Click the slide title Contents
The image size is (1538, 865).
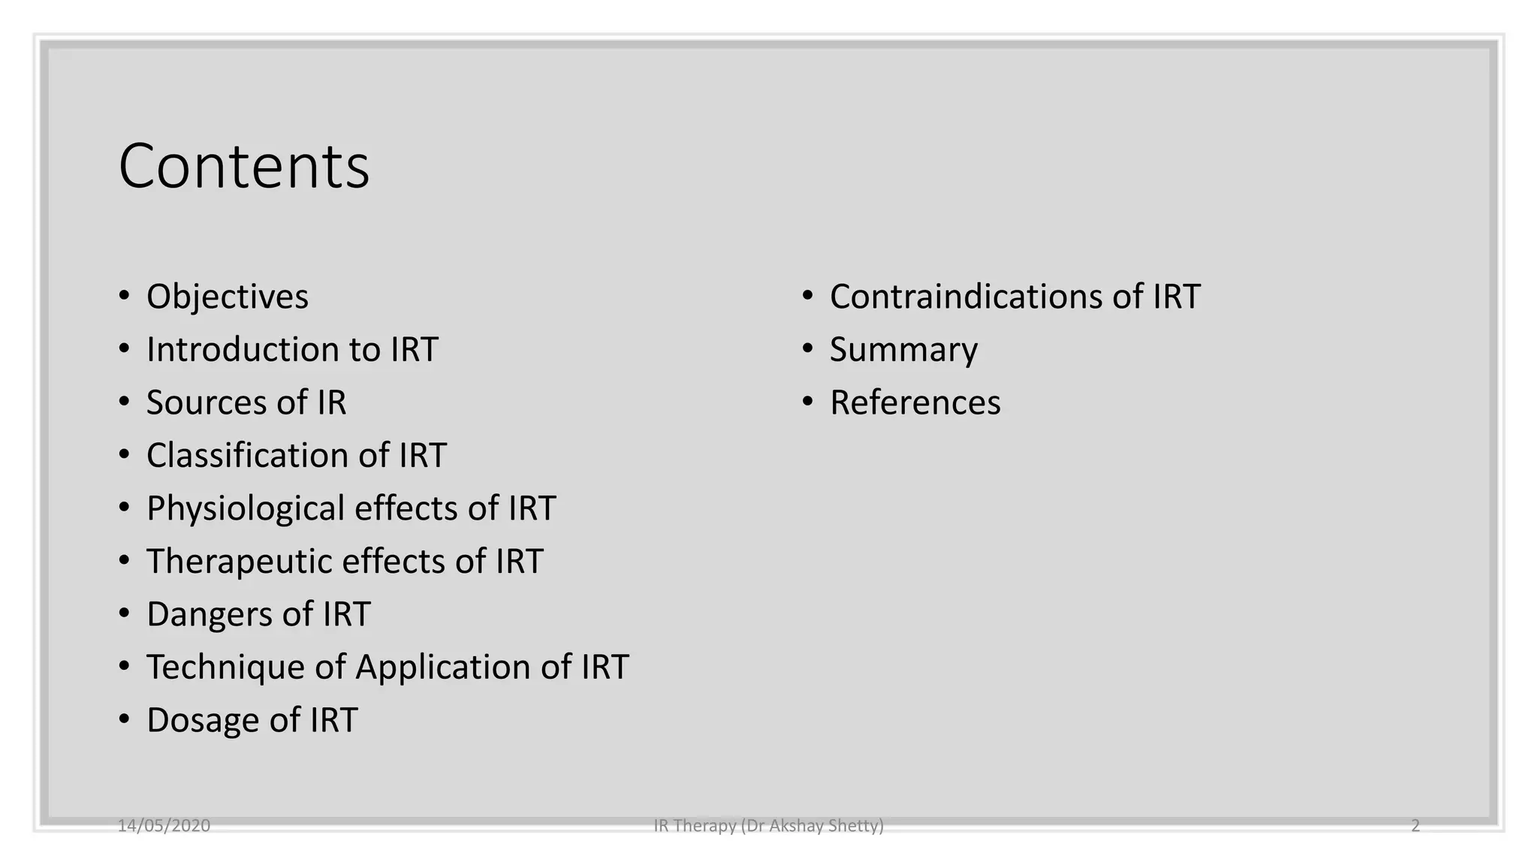tap(244, 167)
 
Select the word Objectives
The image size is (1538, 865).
tap(228, 297)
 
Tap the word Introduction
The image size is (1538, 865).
tap(243, 350)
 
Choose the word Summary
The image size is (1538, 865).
tap(903, 350)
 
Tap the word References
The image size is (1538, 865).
tap(915, 402)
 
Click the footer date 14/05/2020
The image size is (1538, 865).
tap(164, 826)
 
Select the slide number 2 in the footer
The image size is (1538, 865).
tap(1416, 826)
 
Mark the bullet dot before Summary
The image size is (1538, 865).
tap(807, 349)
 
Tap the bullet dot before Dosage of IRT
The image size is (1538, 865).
tap(125, 719)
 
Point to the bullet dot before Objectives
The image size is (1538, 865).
tap(125, 296)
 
